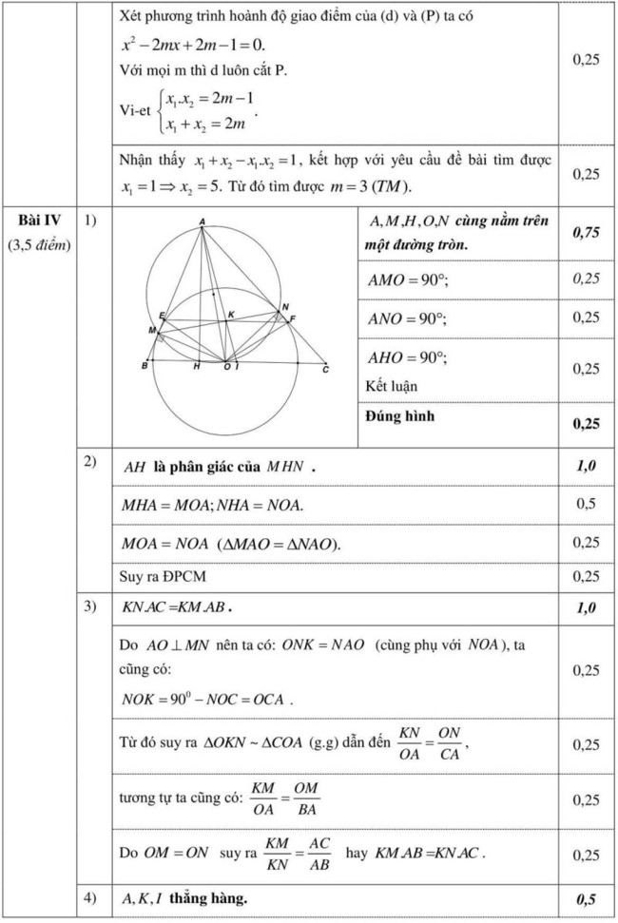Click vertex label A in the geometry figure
coord(203,222)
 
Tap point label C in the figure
coord(325,370)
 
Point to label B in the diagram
coord(144,366)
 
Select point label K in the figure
coord(231,314)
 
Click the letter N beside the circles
coord(285,307)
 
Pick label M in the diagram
coord(152,330)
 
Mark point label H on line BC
coord(197,367)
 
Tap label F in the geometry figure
coord(293,317)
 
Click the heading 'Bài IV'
coord(40,221)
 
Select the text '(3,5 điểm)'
coord(40,244)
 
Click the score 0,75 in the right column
coord(586,233)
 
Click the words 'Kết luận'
coord(391,386)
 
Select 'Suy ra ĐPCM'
coord(162,576)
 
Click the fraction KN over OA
coord(410,744)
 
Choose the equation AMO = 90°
coord(408,280)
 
